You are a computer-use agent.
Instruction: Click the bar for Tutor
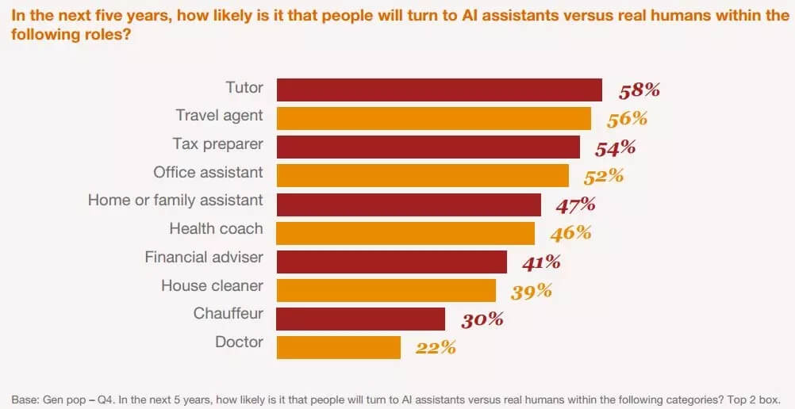coord(439,90)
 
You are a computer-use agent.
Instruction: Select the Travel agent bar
coord(433,118)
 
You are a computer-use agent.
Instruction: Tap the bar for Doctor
coord(338,347)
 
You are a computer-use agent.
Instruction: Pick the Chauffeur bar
coord(360,319)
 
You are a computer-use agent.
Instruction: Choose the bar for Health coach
coord(405,233)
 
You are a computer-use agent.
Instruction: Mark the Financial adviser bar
coord(391,262)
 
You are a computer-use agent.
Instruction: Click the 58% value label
coord(639,90)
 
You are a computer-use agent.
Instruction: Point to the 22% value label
coord(435,347)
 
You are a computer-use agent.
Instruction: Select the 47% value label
coord(575,204)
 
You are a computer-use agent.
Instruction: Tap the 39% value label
coord(531,290)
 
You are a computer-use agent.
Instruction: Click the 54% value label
coord(616,147)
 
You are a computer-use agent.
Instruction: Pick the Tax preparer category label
coord(217,143)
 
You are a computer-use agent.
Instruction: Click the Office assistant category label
coord(208,171)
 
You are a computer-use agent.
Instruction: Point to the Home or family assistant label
coord(175,200)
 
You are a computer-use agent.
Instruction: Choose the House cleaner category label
coord(212,285)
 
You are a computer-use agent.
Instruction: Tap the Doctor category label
coord(239,342)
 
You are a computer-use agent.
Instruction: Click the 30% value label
coord(482,319)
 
